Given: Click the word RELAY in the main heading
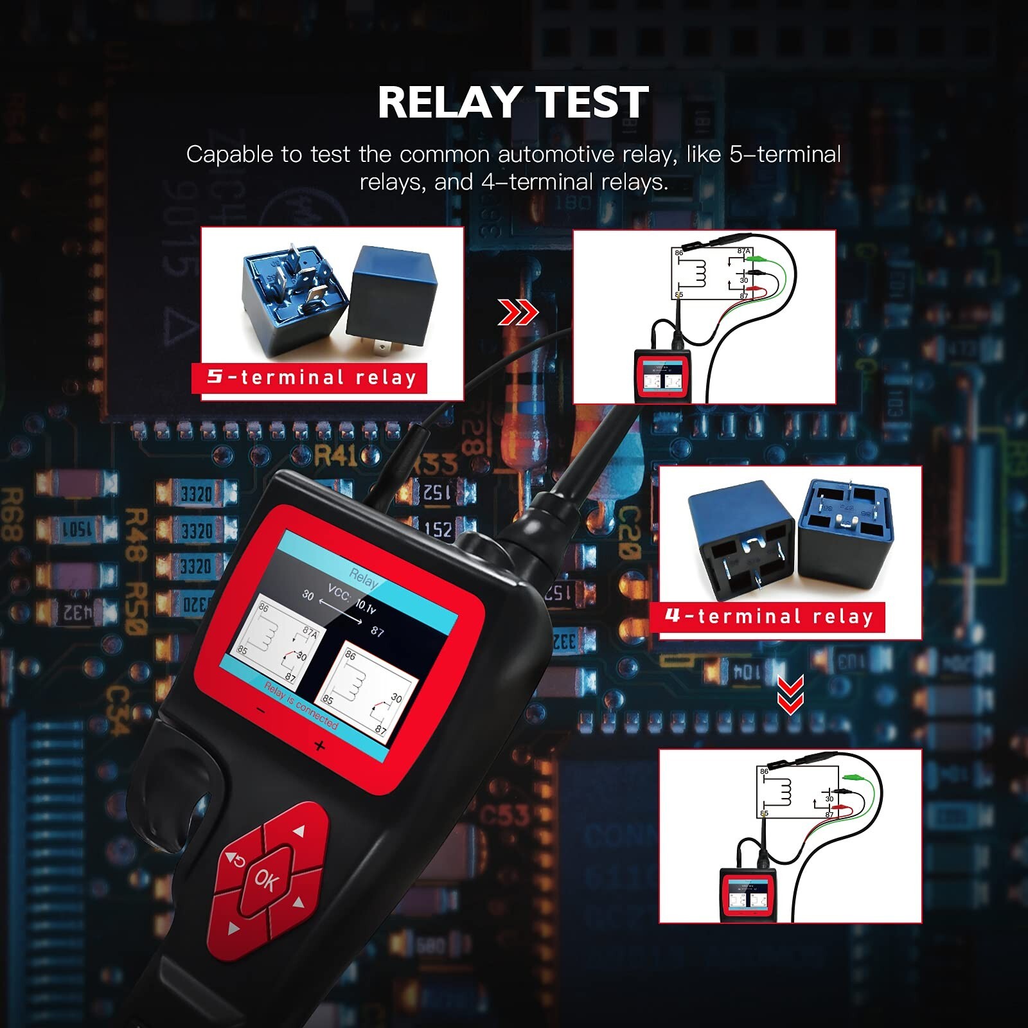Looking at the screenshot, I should [x=448, y=103].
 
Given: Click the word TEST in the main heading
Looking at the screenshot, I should [x=592, y=103].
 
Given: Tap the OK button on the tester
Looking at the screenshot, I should [x=266, y=879].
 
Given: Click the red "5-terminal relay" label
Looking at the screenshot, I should [x=310, y=377].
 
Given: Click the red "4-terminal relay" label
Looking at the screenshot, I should [x=768, y=617].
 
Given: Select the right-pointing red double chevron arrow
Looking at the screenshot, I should [x=518, y=314].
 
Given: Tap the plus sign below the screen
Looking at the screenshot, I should [x=319, y=746].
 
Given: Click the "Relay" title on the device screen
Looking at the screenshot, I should [x=364, y=579].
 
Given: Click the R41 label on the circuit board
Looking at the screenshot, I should [x=335, y=456].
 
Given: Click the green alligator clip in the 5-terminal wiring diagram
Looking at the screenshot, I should [x=761, y=258].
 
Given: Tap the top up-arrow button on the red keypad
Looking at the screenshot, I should [x=295, y=831].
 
